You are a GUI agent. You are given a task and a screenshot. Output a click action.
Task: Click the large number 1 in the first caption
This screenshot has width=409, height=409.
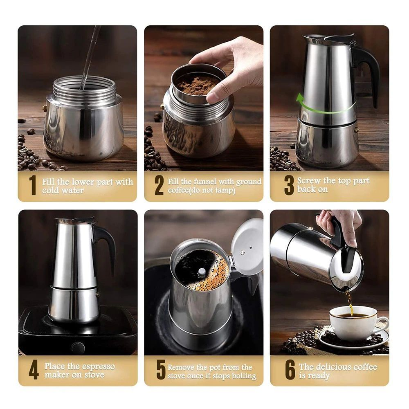[33, 185]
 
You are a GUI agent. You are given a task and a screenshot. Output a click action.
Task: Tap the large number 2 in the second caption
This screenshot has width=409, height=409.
[159, 185]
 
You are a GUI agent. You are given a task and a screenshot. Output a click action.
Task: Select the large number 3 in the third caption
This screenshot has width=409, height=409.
[289, 185]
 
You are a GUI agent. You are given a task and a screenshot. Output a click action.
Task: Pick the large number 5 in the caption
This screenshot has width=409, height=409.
[161, 370]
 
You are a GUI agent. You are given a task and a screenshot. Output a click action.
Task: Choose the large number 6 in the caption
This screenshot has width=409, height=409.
[290, 370]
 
